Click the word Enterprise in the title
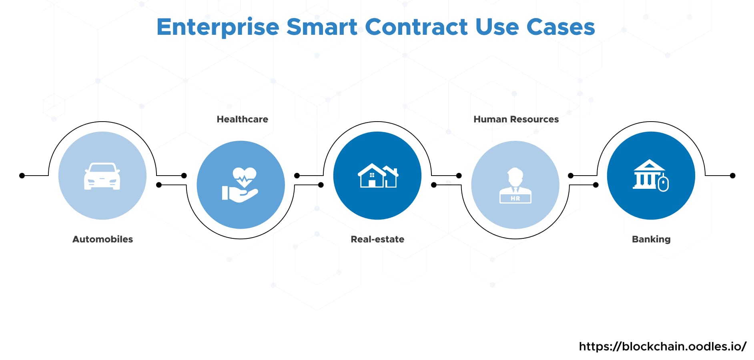click(218, 27)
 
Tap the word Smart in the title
click(322, 27)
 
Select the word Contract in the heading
click(416, 27)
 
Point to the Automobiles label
click(102, 239)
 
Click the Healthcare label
click(243, 119)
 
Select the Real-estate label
click(377, 239)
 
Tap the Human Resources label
click(516, 119)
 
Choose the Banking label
click(651, 239)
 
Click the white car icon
click(102, 176)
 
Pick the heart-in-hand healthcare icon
click(240, 184)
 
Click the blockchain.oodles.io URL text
click(663, 346)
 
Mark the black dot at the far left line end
click(22, 176)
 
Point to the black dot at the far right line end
click(732, 176)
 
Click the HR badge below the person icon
click(515, 198)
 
